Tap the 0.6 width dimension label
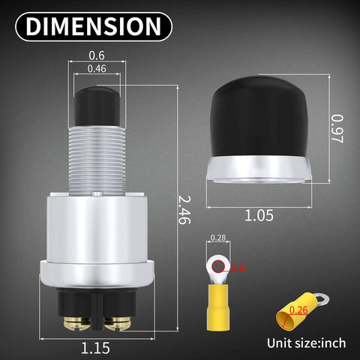pos(96,54)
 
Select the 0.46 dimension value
pos(96,69)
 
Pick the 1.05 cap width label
pos(259,214)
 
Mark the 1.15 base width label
pos(95,347)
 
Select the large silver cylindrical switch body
pos(96,232)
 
